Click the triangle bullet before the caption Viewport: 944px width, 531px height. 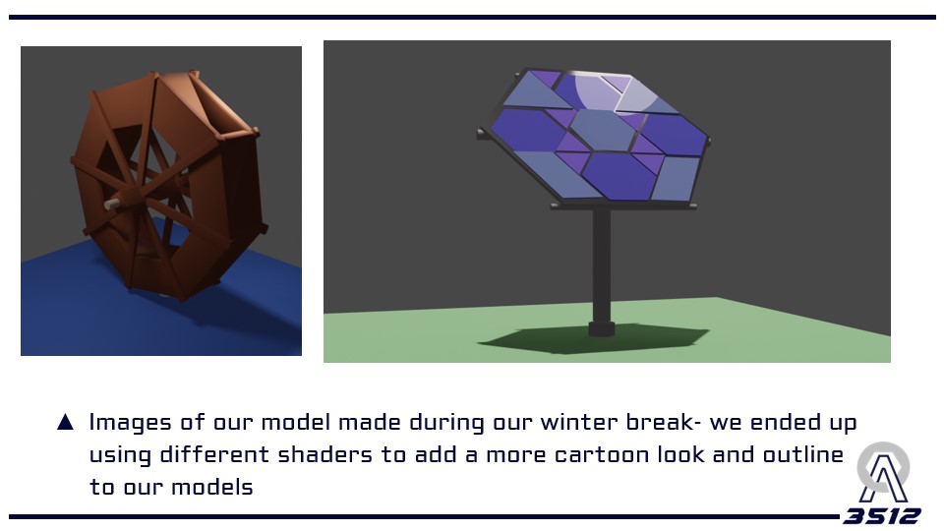coord(65,422)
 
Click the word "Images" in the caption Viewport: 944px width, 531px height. coord(130,423)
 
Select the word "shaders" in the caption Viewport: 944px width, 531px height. coord(325,454)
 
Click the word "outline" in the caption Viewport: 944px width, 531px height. coord(803,454)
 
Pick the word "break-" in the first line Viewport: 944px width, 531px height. coord(663,422)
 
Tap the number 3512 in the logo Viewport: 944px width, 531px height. coord(881,516)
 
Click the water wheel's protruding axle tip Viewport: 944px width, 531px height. coord(109,205)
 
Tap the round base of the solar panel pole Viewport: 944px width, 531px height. coord(602,328)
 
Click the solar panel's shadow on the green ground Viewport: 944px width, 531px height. coord(593,340)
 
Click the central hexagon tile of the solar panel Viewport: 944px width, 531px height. coord(604,130)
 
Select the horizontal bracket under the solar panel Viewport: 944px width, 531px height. coord(623,206)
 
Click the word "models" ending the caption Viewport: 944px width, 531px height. coord(212,487)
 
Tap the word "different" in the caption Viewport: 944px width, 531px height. coord(214,454)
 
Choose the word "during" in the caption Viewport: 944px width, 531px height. coord(446,423)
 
